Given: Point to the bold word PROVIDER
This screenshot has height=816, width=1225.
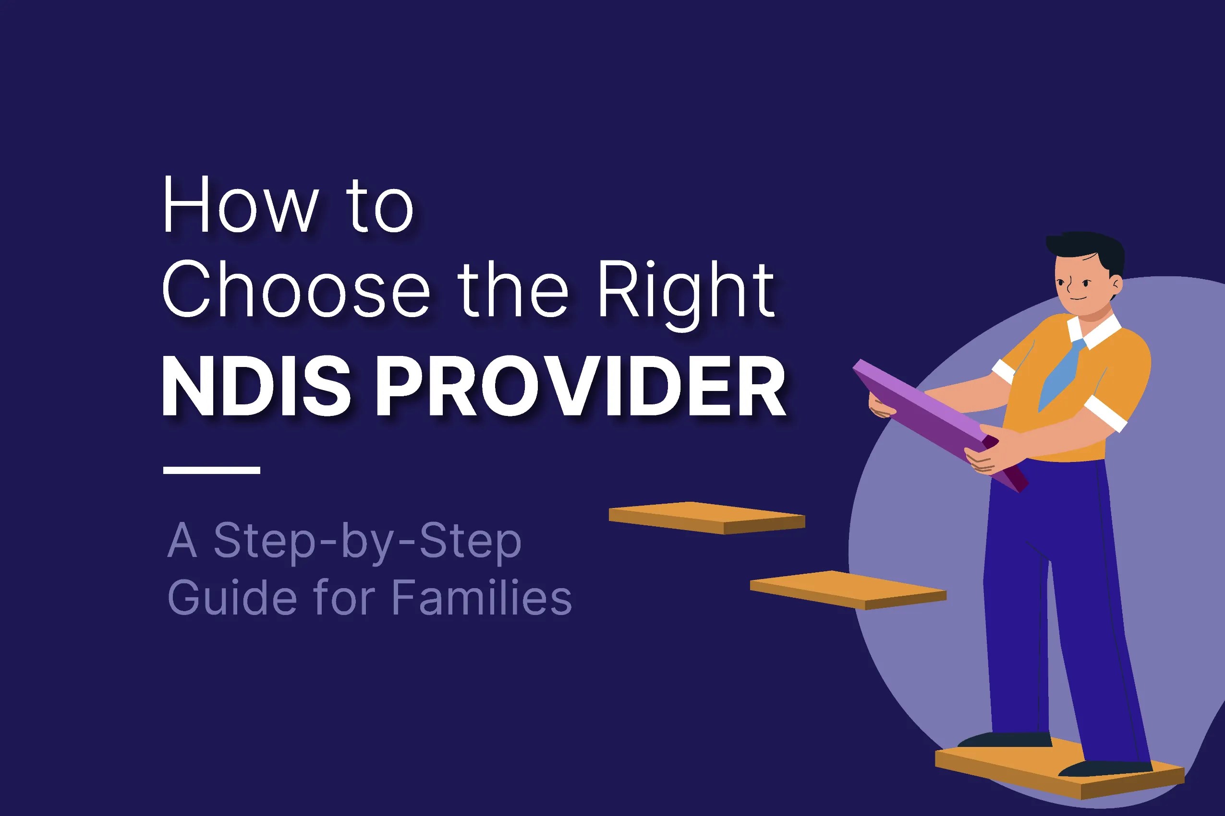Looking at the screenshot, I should pyautogui.click(x=580, y=386).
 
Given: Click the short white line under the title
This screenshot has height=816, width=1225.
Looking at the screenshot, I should pyautogui.click(x=211, y=470).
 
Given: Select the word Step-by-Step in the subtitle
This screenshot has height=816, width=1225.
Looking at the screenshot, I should pyautogui.click(x=368, y=541).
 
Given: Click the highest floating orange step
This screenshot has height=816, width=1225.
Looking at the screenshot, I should pyautogui.click(x=707, y=517).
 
